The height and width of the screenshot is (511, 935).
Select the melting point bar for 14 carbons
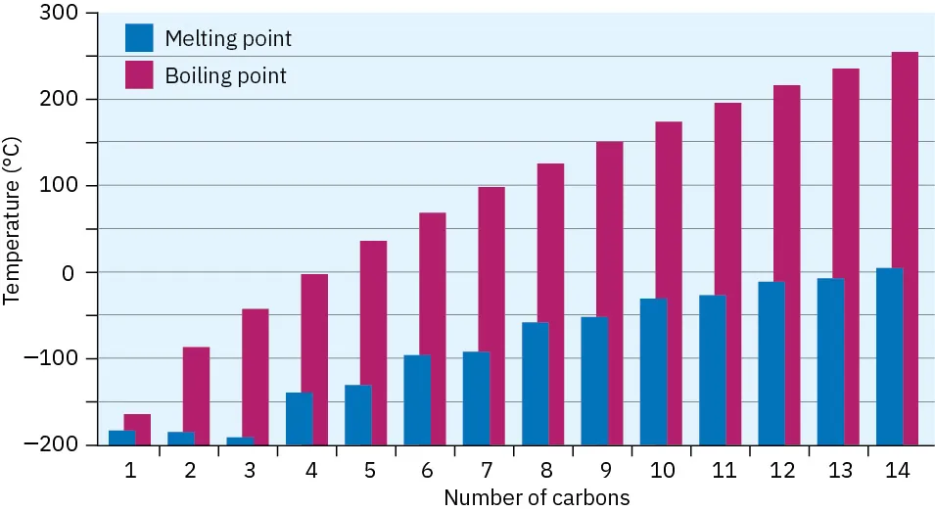tap(889, 356)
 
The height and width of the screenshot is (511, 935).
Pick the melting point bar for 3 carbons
tap(240, 441)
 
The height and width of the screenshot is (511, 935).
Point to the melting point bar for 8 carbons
tap(535, 383)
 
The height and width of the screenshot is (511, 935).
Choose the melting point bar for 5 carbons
tap(357, 414)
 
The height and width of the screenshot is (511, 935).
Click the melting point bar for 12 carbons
tap(771, 362)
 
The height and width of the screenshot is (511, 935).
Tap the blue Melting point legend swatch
tap(139, 38)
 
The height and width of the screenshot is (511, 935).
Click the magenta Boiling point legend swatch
tap(139, 74)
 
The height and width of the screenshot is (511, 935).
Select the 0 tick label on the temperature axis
tap(68, 272)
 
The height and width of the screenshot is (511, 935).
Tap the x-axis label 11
tap(725, 470)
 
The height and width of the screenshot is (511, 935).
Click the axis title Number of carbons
tap(537, 497)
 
